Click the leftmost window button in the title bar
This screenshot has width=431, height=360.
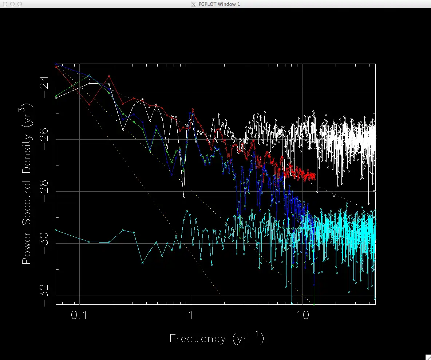pyautogui.click(x=5, y=4)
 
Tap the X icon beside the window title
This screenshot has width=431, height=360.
pyautogui.click(x=194, y=4)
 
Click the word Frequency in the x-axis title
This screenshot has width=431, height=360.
pyautogui.click(x=198, y=339)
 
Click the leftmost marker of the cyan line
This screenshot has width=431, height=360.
pyautogui.click(x=56, y=230)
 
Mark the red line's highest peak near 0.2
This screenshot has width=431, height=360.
pyautogui.click(x=109, y=76)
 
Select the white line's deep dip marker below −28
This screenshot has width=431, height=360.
pyautogui.click(x=183, y=197)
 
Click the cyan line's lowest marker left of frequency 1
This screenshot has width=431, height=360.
pyautogui.click(x=142, y=263)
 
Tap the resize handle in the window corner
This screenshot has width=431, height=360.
pyautogui.click(x=428, y=357)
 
